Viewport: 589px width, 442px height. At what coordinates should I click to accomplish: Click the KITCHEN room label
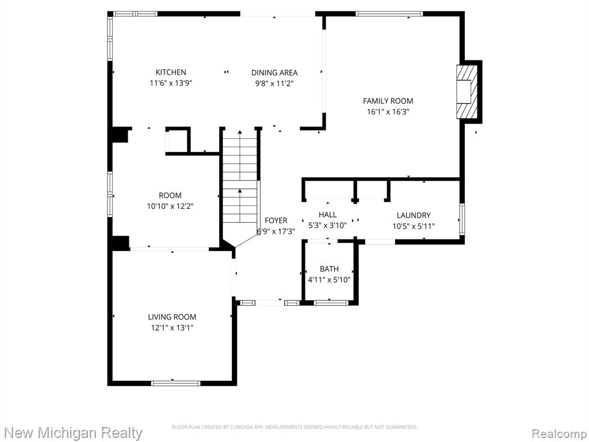[171, 72]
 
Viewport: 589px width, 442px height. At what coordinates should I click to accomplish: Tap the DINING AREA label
[274, 73]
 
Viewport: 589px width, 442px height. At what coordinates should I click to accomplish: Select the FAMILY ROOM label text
[388, 101]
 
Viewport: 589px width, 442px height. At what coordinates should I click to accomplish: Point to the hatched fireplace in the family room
[467, 92]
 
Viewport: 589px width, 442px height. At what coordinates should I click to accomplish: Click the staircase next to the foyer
[240, 184]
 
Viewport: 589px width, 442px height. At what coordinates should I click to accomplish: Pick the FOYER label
[276, 220]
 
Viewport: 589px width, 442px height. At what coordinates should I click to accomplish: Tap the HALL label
[327, 215]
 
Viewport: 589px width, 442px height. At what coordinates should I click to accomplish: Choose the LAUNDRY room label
[414, 215]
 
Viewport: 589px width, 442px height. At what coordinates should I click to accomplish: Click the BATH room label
[329, 269]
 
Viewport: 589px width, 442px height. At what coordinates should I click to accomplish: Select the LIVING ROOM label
[172, 317]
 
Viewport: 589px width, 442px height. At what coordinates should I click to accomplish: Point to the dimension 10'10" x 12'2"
[170, 207]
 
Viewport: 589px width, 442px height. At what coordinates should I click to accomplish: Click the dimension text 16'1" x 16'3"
[388, 112]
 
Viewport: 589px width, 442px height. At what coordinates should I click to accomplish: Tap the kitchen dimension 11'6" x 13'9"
[171, 83]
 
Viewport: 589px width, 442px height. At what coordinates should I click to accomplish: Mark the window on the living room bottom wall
[175, 383]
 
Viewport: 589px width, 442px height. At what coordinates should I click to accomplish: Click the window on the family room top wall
[389, 14]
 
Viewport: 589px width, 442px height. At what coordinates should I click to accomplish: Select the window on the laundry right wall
[462, 219]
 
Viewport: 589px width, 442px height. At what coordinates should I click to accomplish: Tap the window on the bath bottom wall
[331, 303]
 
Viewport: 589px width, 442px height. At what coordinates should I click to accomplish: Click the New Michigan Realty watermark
[73, 433]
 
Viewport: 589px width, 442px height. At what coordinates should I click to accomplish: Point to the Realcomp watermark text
[559, 434]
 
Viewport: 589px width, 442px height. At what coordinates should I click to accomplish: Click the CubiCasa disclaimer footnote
[294, 427]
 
